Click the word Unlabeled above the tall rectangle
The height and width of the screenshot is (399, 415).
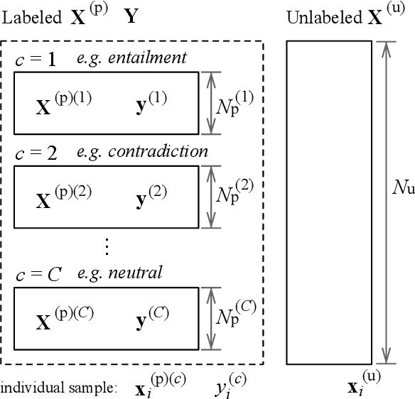pyautogui.click(x=316, y=18)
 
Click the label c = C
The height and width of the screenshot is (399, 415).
pyautogui.click(x=38, y=273)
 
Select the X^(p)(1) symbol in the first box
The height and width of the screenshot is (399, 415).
pyautogui.click(x=63, y=104)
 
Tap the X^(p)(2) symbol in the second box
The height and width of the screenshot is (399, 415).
pyautogui.click(x=63, y=195)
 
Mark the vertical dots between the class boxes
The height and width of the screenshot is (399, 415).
pyautogui.click(x=107, y=246)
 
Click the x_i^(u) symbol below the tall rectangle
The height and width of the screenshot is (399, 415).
pyautogui.click(x=362, y=383)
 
